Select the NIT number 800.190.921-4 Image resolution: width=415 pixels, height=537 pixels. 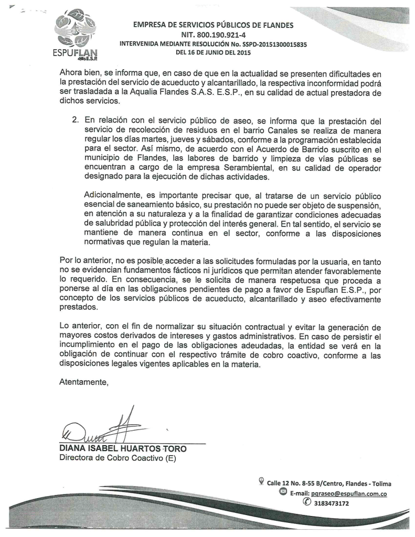[213, 35]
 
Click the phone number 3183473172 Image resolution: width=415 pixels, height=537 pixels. [331, 504]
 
